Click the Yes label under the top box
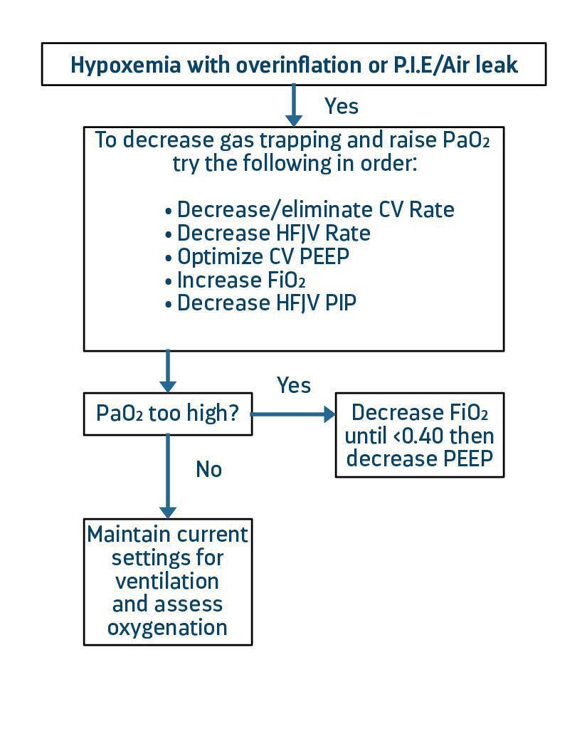click(x=342, y=106)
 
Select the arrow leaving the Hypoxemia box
click(x=293, y=105)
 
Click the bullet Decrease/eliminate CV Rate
click(x=310, y=210)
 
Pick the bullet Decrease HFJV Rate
click(x=268, y=234)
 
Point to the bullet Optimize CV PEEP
click(x=257, y=256)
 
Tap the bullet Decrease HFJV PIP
click(x=260, y=303)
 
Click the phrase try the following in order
click(x=294, y=163)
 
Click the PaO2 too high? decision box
click(x=168, y=413)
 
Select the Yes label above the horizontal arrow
click(x=294, y=385)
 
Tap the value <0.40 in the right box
click(x=419, y=435)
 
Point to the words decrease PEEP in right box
click(x=419, y=458)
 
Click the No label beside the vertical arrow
click(x=208, y=470)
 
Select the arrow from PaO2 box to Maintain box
click(x=168, y=476)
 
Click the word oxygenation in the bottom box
click(x=167, y=627)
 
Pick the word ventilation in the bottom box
click(x=167, y=581)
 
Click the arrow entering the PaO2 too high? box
click(x=168, y=371)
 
